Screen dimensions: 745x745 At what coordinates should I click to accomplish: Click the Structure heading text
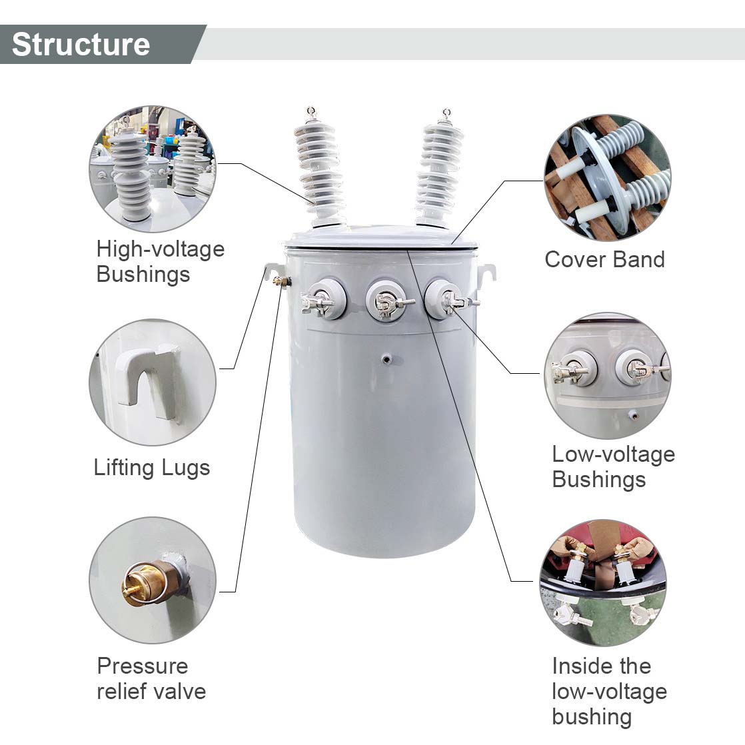[81, 44]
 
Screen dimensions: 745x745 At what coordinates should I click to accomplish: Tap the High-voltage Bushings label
[160, 261]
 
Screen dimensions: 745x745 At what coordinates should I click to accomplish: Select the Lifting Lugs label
[152, 468]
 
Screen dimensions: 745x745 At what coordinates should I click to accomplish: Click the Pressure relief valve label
[151, 678]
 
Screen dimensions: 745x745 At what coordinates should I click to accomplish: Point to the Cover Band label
[604, 259]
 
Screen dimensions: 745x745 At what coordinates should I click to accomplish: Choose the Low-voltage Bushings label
[613, 466]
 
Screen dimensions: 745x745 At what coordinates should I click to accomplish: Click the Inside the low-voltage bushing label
[609, 691]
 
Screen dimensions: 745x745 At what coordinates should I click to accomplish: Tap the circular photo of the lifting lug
[153, 382]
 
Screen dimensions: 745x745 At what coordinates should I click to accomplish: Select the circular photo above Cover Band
[608, 178]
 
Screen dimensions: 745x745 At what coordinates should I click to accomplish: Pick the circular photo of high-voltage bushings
[153, 169]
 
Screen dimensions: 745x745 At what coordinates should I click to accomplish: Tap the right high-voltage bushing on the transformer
[440, 169]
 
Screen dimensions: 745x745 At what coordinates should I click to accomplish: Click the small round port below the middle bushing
[386, 360]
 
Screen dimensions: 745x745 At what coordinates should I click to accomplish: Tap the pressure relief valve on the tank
[283, 283]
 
